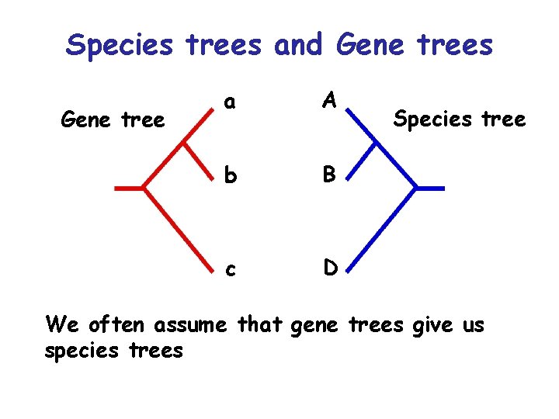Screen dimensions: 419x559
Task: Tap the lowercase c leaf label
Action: pyautogui.click(x=230, y=268)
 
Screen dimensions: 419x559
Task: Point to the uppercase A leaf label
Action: pyautogui.click(x=329, y=99)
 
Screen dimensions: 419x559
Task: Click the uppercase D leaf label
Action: pyautogui.click(x=329, y=268)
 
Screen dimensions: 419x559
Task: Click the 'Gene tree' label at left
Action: pyautogui.click(x=113, y=119)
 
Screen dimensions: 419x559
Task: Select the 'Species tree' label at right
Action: pyautogui.click(x=460, y=119)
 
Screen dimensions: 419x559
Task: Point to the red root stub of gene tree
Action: pyautogui.click(x=128, y=188)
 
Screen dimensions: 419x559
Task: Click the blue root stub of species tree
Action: pyautogui.click(x=431, y=188)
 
